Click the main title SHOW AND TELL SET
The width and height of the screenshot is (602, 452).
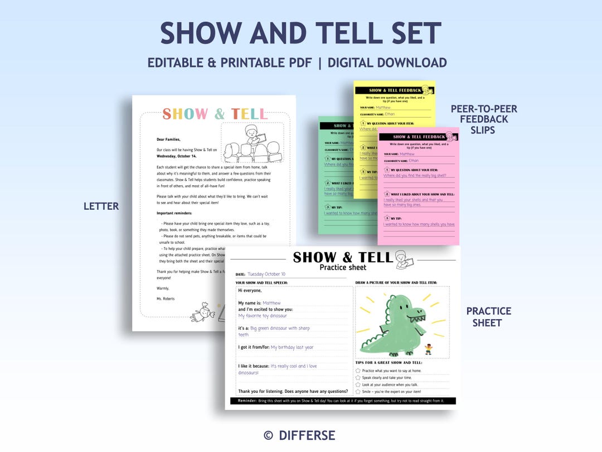click(x=301, y=33)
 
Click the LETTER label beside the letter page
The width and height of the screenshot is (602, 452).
click(x=101, y=206)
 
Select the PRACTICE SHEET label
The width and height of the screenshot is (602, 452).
click(x=488, y=316)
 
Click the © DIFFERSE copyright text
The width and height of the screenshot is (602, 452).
click(x=299, y=435)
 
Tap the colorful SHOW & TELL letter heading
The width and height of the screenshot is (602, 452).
click(x=215, y=114)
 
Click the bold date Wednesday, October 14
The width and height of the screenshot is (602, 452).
click(x=177, y=156)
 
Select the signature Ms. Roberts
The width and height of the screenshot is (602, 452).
click(x=166, y=299)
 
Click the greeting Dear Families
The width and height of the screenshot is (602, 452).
click(x=168, y=140)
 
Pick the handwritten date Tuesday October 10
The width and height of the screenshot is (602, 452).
click(x=266, y=274)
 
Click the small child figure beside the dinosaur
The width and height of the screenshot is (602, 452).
click(x=428, y=349)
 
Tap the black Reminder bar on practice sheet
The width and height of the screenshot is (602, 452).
click(x=343, y=401)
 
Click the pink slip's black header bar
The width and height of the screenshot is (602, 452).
click(x=418, y=137)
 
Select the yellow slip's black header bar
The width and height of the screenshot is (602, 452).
click(x=395, y=90)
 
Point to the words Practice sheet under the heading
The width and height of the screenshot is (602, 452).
click(x=343, y=267)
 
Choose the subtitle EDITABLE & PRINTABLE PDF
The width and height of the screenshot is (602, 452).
click(x=229, y=62)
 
